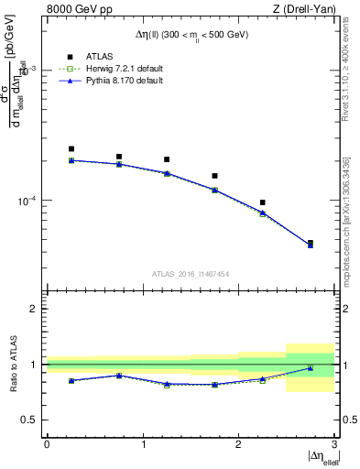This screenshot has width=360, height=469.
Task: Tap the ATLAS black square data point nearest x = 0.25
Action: [71, 148]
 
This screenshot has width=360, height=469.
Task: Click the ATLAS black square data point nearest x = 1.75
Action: [214, 176]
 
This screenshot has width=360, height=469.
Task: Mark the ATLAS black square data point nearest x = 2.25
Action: [262, 202]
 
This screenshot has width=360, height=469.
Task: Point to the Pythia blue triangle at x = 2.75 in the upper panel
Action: [310, 245]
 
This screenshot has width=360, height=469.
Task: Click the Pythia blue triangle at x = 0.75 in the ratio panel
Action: [119, 375]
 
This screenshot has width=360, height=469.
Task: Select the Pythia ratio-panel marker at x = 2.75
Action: [310, 368]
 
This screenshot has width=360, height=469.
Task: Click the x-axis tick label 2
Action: [238, 444]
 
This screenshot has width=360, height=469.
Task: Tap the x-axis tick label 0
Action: [47, 444]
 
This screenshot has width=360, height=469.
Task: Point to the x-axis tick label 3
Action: [333, 444]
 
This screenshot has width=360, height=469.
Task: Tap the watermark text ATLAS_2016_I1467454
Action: [190, 274]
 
